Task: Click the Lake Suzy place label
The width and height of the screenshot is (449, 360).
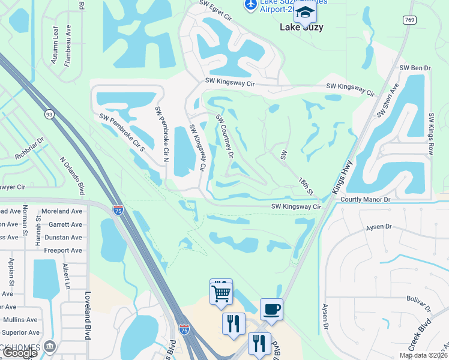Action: coord(301,27)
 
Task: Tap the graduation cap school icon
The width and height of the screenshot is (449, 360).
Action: coord(306,12)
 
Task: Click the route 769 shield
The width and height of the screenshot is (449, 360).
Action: coord(410,20)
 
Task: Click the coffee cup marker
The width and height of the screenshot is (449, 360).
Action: coord(271,309)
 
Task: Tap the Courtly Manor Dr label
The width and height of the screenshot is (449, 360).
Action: coord(366,199)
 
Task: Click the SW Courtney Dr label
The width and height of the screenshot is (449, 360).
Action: coord(224,136)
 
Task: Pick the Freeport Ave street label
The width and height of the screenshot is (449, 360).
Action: coord(63,250)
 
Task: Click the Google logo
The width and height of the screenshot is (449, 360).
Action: coord(20,353)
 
